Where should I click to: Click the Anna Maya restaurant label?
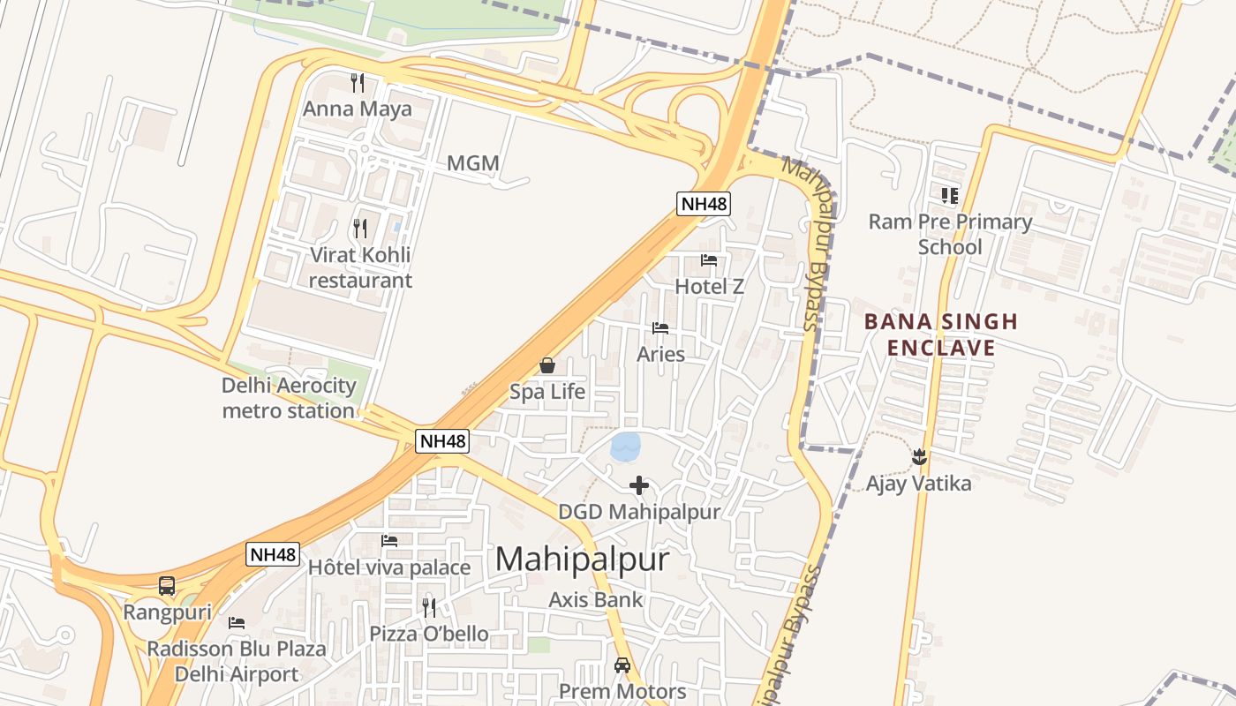(358, 109)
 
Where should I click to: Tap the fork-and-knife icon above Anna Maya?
(358, 83)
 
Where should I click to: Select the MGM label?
(473, 163)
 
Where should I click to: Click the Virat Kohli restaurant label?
(360, 267)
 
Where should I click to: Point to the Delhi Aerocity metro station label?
(289, 398)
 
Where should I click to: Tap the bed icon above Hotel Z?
(709, 260)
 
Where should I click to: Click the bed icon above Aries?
(660, 328)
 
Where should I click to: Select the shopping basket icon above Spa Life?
(547, 365)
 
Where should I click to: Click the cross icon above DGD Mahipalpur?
(639, 484)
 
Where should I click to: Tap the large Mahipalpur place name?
(582, 560)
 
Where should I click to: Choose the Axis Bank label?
(596, 600)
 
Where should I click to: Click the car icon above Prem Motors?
(622, 665)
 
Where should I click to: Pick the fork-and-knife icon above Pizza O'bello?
(429, 607)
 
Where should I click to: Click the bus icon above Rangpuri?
(167, 585)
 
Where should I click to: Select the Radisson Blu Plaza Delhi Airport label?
(236, 661)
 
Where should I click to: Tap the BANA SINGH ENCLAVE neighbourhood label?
(941, 334)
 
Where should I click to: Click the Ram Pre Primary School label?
(950, 234)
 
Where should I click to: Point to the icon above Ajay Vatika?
(919, 456)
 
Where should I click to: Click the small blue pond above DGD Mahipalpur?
(625, 446)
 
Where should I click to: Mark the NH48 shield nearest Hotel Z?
(704, 204)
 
